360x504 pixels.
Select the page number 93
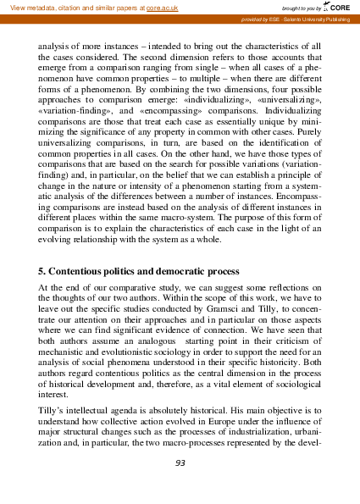tap(180, 463)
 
